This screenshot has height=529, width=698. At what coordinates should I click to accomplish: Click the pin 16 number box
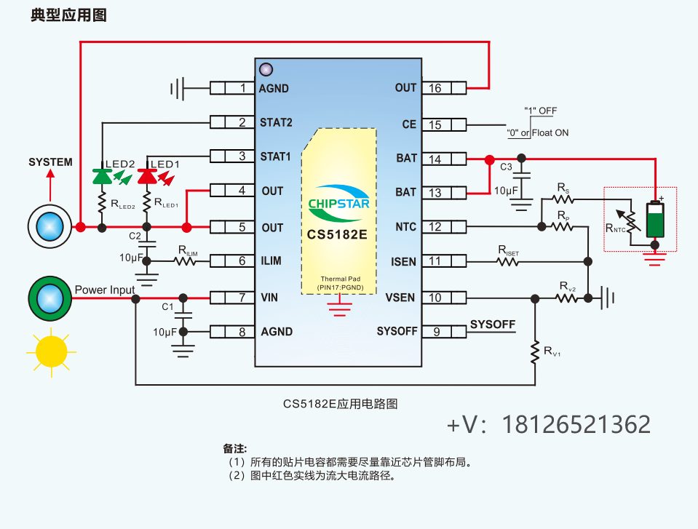435,88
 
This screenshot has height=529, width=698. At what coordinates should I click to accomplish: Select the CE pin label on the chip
409,124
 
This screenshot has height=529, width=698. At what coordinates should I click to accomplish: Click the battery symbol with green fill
657,219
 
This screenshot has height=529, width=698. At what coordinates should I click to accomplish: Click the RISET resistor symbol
507,260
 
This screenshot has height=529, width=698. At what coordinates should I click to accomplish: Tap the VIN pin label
269,297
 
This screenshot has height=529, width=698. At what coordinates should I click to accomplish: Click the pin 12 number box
435,227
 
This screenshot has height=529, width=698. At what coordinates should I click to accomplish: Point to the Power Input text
105,290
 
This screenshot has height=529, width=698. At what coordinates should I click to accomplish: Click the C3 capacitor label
506,167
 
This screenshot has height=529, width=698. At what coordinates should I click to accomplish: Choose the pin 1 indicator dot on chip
266,70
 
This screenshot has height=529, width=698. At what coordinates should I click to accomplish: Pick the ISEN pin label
404,261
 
